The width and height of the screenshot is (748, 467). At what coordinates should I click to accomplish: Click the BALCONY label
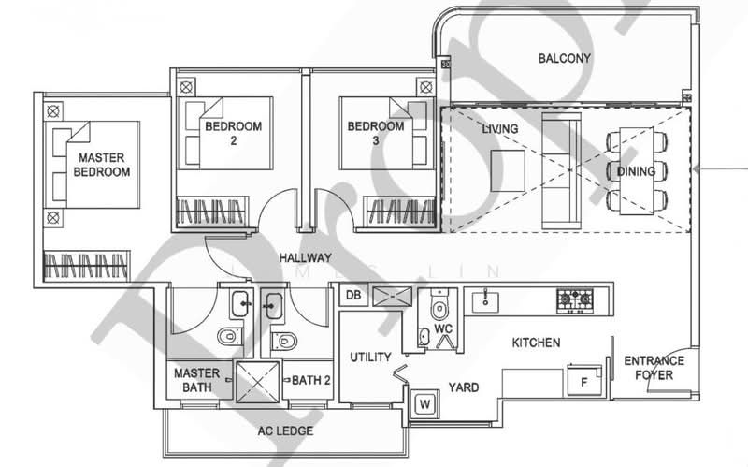coord(565,58)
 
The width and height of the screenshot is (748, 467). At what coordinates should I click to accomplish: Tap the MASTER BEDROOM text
coord(102,165)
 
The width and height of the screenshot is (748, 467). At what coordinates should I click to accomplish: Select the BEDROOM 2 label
coord(233,133)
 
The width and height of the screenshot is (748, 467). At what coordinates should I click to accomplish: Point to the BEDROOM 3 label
coord(376,133)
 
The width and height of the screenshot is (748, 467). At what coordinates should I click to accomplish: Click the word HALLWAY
coord(306,258)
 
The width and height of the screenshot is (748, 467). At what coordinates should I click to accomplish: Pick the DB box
coord(353,296)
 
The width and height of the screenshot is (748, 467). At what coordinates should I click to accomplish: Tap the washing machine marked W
coord(424,404)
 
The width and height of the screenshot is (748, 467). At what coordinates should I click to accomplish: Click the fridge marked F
coord(583,381)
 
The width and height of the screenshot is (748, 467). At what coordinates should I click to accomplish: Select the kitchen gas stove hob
coord(575,300)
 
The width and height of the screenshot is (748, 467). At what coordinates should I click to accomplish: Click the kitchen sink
coord(485,301)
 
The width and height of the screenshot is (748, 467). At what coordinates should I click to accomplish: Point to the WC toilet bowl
coord(439,307)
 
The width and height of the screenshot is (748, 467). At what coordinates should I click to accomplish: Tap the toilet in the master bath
coord(230,336)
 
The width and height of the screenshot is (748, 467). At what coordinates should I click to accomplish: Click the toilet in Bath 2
coord(284,341)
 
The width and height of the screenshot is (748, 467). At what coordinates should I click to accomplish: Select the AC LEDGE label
coord(286,431)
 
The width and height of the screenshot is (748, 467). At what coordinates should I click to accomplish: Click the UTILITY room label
coord(370,358)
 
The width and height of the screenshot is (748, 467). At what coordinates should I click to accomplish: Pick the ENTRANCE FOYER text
coord(654,368)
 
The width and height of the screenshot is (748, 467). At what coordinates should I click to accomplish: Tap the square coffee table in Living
coord(508,170)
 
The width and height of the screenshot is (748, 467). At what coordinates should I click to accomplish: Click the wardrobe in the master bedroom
coord(87,266)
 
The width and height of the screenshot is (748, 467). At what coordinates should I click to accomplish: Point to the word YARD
coord(464,387)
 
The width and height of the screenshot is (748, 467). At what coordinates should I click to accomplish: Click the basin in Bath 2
coord(273,305)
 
